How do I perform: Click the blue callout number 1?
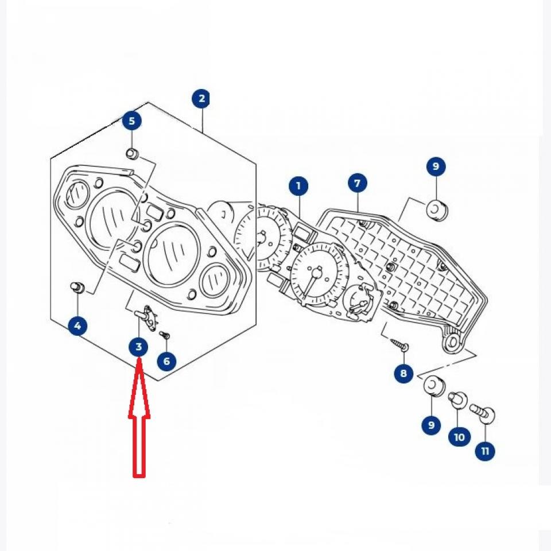[x=298, y=186]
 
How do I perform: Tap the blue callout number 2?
[x=201, y=99]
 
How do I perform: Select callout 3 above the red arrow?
[x=138, y=347]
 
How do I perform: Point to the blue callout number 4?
[x=77, y=327]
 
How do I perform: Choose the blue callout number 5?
[x=132, y=121]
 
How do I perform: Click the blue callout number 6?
[x=166, y=361]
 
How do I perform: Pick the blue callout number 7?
[x=357, y=184]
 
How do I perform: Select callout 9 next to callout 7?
[x=436, y=167]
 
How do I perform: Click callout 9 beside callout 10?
[x=430, y=425]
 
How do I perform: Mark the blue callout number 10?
[x=459, y=437]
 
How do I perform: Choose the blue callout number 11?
[x=486, y=451]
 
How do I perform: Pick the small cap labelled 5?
[x=132, y=154]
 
